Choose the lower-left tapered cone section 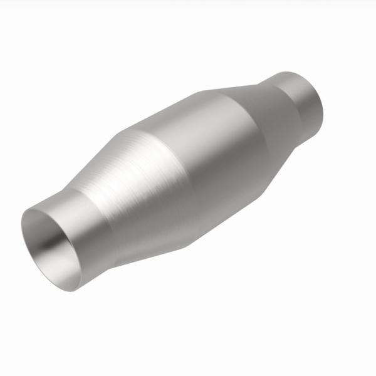click(x=125, y=188)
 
